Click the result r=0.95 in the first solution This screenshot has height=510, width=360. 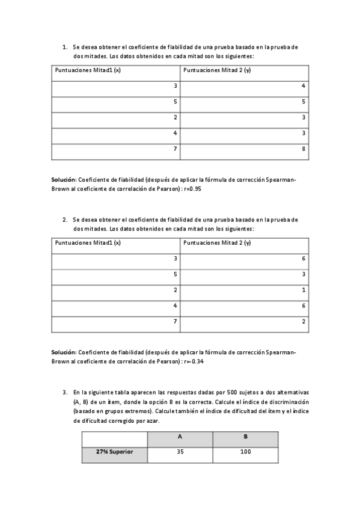[191, 188]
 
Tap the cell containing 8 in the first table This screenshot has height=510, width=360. [304, 149]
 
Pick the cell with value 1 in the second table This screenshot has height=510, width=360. [304, 290]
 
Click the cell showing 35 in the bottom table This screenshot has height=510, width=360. [180, 452]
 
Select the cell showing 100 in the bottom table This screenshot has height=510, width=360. [245, 452]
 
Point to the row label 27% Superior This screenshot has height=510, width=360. [114, 452]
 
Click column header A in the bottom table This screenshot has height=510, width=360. [180, 437]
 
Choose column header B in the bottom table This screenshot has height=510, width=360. [245, 437]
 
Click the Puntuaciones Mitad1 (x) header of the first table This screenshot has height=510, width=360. [88, 70]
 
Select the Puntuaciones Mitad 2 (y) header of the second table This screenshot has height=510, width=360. [217, 243]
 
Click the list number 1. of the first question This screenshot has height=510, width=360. [64, 46]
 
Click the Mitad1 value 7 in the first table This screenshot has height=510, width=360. [175, 149]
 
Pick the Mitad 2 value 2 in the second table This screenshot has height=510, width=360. [304, 321]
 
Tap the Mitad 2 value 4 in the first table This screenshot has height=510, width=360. [304, 86]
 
